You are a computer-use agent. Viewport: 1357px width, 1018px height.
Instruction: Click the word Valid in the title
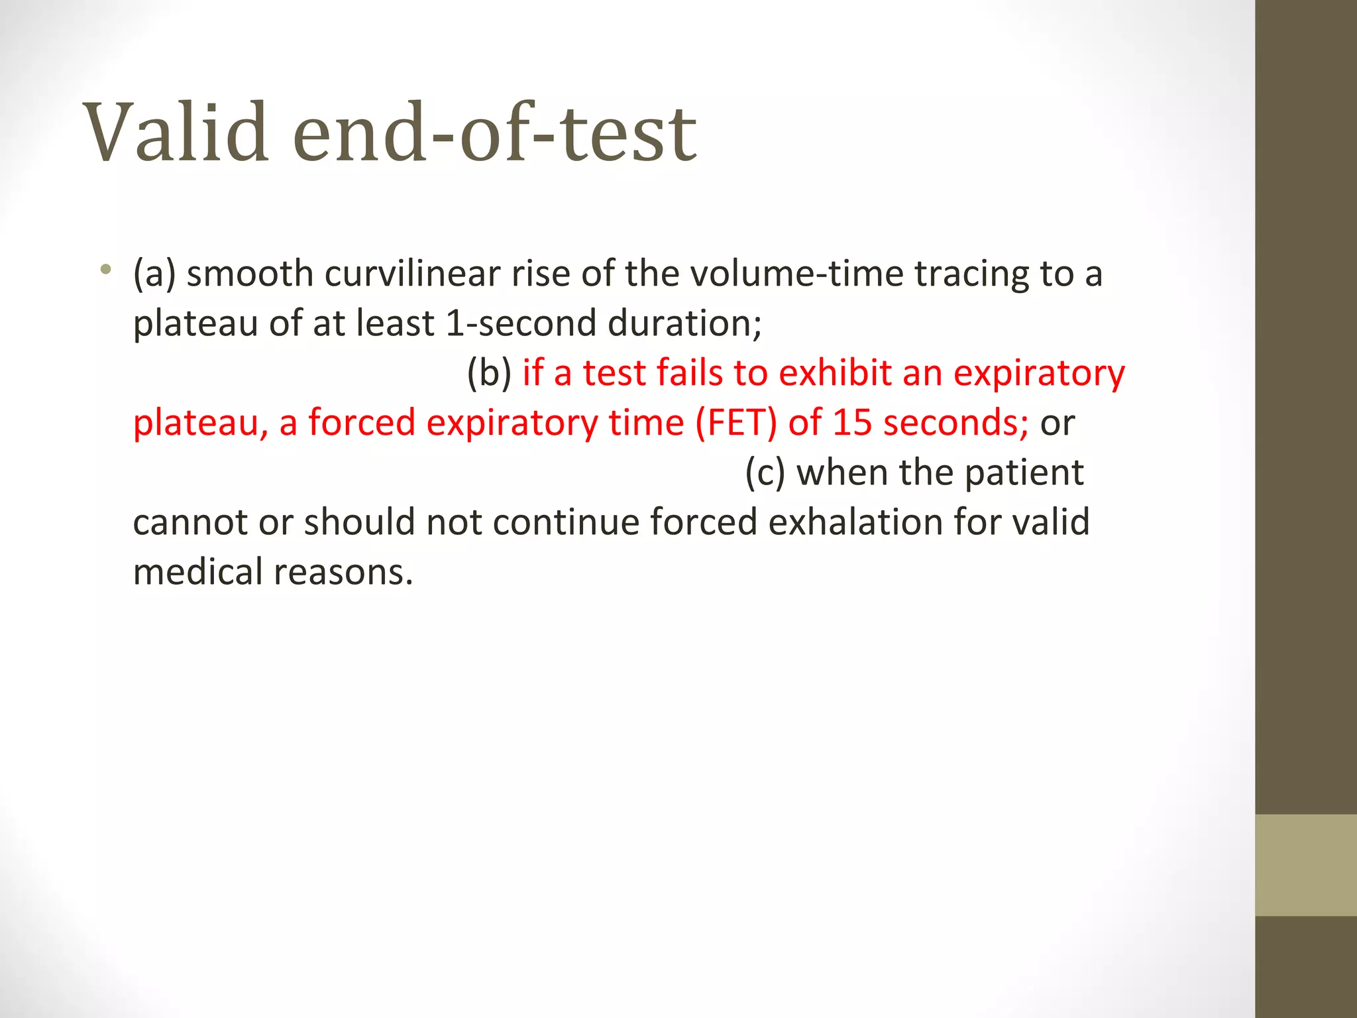point(176,133)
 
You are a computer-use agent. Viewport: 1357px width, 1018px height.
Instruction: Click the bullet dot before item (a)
point(105,269)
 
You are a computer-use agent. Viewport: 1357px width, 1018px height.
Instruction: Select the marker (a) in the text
point(154,274)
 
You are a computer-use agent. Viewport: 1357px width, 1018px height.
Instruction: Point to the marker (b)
point(489,373)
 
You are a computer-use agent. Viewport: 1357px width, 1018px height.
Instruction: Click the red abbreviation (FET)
point(735,423)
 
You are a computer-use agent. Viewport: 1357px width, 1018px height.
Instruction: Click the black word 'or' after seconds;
point(1058,423)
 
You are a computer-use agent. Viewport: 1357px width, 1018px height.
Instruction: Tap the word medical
point(197,572)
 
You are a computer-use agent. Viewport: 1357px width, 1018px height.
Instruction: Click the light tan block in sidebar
point(1305,865)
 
